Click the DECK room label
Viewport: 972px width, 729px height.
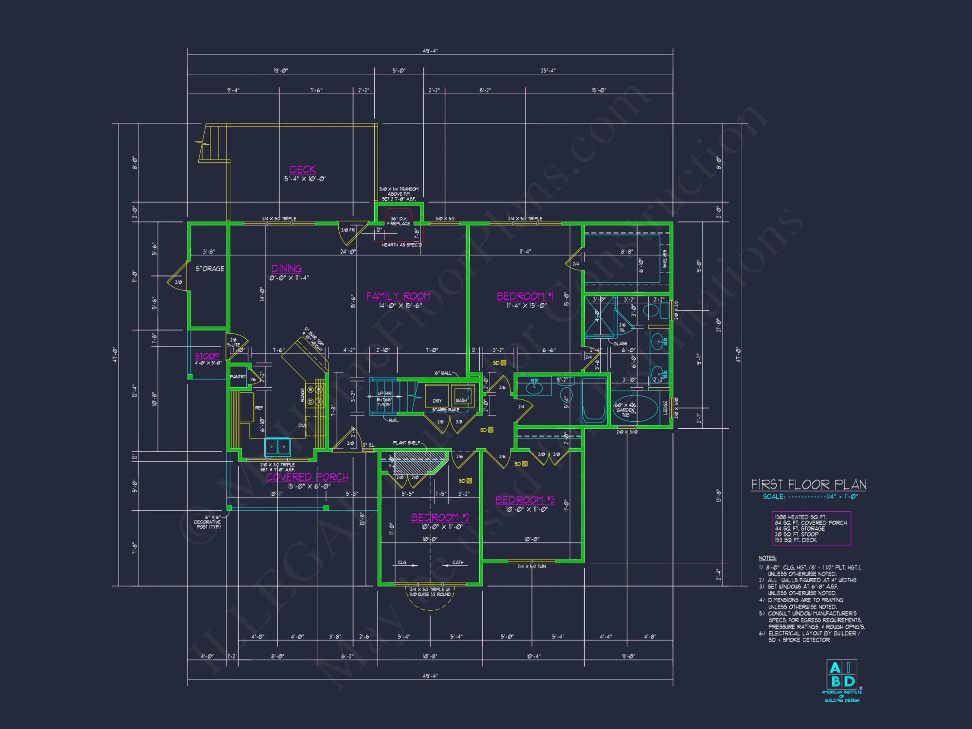(303, 170)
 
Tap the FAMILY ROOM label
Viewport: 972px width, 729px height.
(398, 296)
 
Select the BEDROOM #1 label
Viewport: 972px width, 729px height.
(524, 296)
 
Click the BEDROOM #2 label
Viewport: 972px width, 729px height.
(440, 518)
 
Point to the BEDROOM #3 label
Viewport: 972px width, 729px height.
(525, 500)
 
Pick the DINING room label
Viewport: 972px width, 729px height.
(286, 269)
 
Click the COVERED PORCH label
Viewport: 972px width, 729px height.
(307, 477)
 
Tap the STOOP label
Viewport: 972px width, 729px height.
(207, 356)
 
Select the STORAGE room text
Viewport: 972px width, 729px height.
(209, 269)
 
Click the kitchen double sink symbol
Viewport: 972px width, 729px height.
(278, 446)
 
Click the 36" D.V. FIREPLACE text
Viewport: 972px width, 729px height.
(399, 221)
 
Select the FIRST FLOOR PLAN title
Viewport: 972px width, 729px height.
(809, 485)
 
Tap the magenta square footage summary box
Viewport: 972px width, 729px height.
(811, 528)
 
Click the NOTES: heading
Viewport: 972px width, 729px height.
(767, 558)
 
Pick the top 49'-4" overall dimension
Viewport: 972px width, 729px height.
(430, 51)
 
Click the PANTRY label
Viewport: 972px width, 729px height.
(238, 377)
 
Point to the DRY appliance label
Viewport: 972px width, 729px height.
(437, 401)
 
